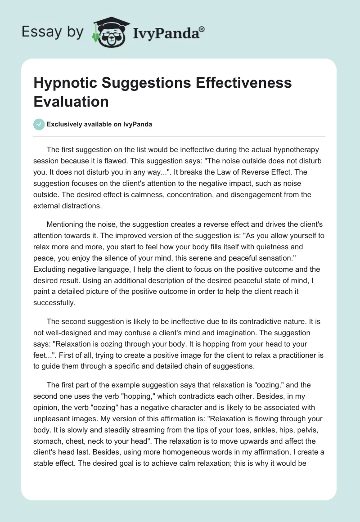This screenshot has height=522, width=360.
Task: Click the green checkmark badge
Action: (x=39, y=124)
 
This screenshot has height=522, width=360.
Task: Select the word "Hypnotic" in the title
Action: (x=63, y=83)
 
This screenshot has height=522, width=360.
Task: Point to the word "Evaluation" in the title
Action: (x=71, y=101)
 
